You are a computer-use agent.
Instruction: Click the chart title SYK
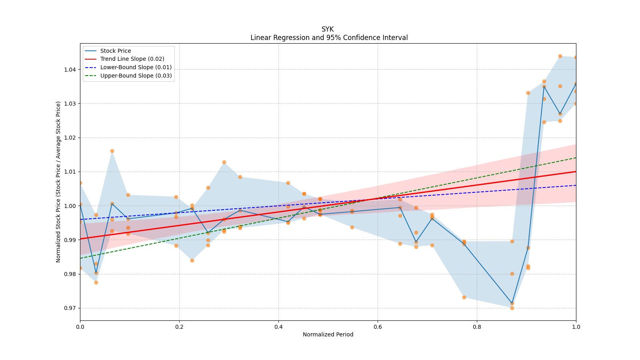coord(327,29)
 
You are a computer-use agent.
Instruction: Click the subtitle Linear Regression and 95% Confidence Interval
coord(329,38)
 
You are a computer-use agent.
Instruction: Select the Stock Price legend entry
coord(116,51)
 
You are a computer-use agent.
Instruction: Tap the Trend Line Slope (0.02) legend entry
coord(132,59)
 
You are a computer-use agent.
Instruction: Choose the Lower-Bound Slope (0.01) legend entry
coord(136,67)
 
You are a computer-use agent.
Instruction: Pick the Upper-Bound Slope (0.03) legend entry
coord(136,76)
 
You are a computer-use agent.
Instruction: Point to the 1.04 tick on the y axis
coord(70,70)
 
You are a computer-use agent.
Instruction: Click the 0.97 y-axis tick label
coord(70,308)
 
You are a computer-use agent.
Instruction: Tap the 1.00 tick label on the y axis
coord(70,206)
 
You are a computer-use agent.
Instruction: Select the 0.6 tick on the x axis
coord(378,327)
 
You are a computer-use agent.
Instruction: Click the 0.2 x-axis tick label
coord(179,327)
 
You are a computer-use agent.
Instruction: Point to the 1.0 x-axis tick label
coord(576,327)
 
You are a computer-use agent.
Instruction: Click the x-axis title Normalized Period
coord(328,334)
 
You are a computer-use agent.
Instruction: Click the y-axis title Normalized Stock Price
coord(58,182)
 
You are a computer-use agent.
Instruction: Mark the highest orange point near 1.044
coord(560,56)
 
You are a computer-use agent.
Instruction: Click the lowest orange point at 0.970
coord(512,308)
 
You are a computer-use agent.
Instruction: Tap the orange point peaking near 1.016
coord(112,151)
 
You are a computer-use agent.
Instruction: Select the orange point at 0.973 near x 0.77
coord(464,297)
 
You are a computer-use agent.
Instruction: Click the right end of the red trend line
coord(576,172)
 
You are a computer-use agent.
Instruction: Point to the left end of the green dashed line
coord(80,258)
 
